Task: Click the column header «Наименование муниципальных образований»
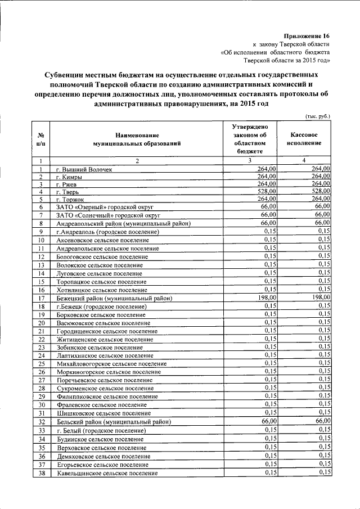click(x=137, y=139)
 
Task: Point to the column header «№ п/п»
click(x=41, y=139)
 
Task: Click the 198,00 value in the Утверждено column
click(x=266, y=298)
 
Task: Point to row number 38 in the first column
click(x=41, y=474)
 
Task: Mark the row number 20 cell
click(x=41, y=323)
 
